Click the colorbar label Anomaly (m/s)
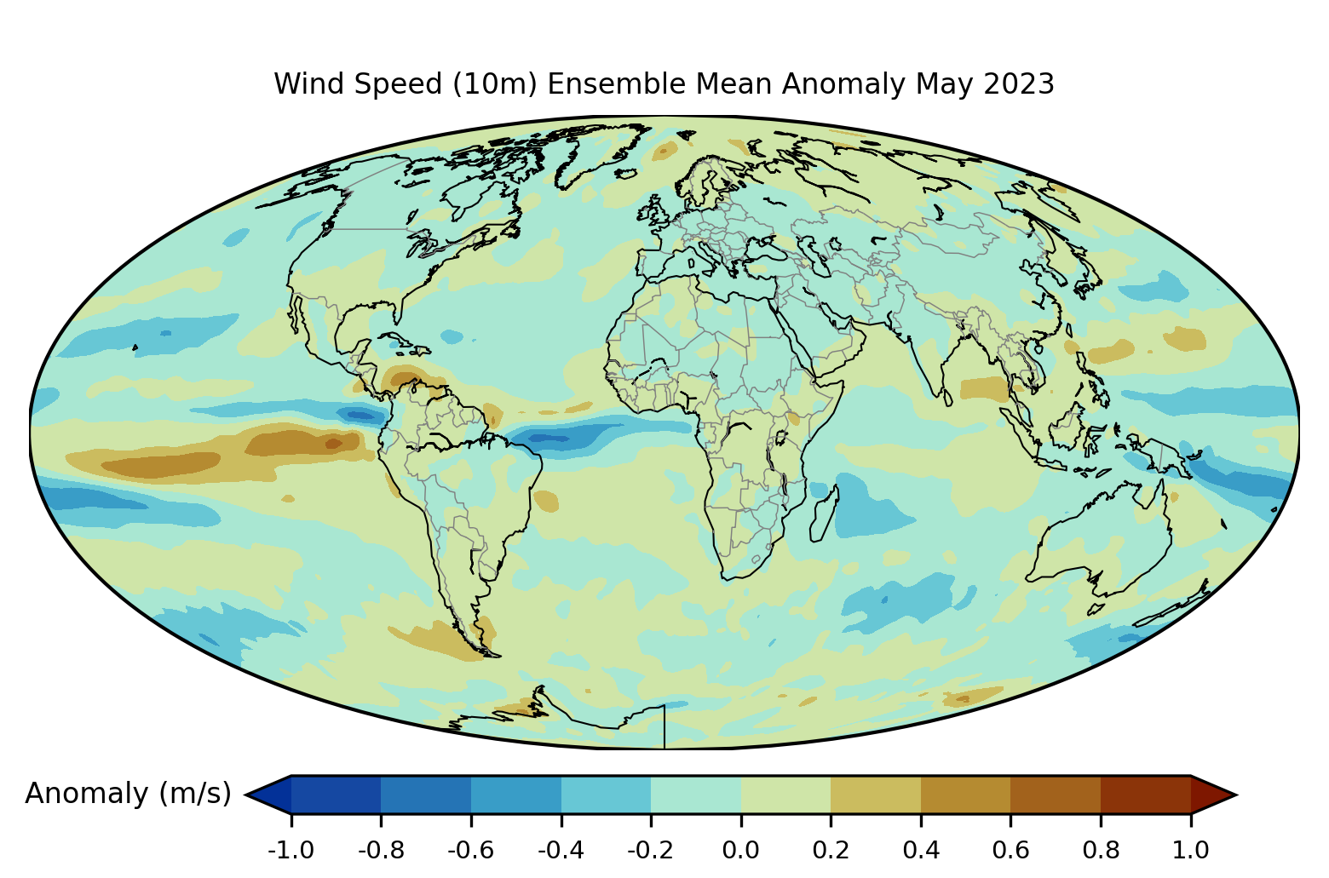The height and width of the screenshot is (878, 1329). click(128, 794)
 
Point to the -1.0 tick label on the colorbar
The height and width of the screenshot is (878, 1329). click(291, 850)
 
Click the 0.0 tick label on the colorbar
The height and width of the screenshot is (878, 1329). click(740, 850)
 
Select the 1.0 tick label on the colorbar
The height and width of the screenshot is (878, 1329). click(1190, 850)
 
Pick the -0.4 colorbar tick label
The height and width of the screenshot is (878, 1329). click(561, 850)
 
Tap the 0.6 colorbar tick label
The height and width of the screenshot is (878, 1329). click(1010, 850)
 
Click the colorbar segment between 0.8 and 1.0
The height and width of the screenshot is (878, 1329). click(1145, 795)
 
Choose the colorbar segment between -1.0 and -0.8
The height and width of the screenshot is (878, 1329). click(336, 795)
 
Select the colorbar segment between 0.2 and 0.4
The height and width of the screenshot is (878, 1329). click(876, 795)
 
